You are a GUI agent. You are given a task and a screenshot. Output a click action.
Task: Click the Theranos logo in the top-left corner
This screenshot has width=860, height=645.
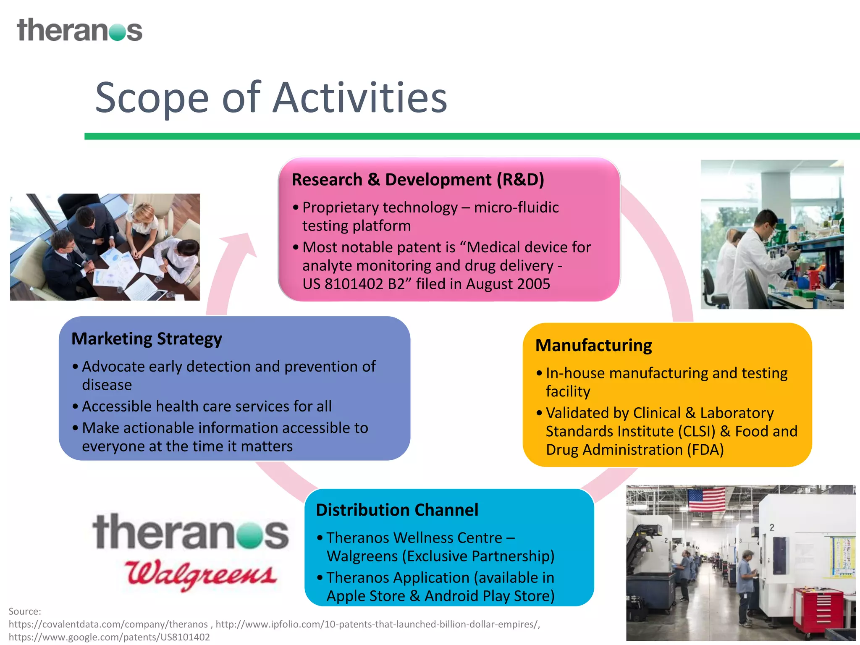(79, 30)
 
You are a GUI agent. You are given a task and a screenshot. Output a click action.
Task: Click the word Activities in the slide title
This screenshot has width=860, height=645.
(360, 98)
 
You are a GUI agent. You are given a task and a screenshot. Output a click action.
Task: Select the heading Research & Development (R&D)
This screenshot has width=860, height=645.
(418, 180)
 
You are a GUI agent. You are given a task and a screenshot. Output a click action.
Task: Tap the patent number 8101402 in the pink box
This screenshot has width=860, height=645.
(354, 284)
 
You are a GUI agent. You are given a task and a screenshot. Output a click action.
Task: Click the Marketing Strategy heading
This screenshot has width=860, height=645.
(147, 339)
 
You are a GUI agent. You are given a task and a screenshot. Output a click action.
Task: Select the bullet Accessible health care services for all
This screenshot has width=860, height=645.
(207, 406)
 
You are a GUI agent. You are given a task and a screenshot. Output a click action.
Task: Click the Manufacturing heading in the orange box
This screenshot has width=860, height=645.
(593, 346)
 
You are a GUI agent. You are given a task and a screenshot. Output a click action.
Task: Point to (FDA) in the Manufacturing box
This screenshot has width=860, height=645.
(705, 450)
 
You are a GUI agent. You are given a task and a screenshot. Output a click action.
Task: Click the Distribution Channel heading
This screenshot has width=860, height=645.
(397, 510)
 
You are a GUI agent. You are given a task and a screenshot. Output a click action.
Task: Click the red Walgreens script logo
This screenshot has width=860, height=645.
(201, 574)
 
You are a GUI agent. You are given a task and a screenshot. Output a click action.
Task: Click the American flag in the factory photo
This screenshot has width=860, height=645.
(707, 499)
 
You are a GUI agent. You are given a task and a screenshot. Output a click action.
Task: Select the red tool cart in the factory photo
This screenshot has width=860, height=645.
(818, 609)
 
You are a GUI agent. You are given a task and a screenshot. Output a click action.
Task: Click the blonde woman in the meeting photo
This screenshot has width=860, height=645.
(142, 218)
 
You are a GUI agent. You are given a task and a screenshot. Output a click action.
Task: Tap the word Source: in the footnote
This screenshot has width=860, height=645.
(25, 611)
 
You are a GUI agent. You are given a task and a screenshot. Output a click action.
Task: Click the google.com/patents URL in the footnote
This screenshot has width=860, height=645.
(109, 637)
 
